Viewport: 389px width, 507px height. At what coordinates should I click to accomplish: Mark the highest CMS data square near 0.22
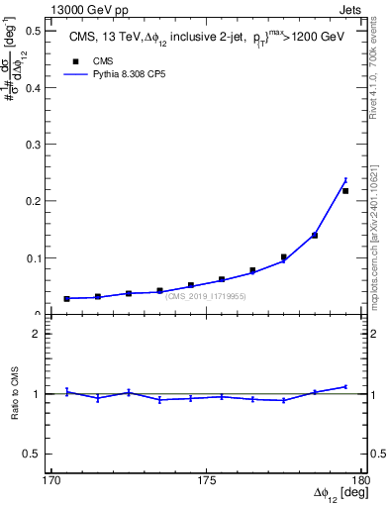(345, 191)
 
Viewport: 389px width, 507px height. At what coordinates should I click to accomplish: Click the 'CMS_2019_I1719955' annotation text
(205, 296)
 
